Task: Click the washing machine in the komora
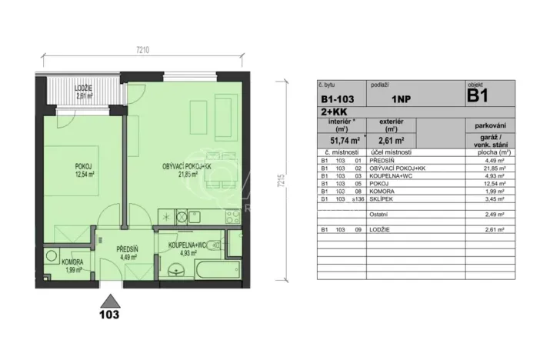click(51, 255)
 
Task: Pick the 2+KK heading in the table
click(332, 112)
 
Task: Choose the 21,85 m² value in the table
click(489, 168)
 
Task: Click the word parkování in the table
click(488, 125)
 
